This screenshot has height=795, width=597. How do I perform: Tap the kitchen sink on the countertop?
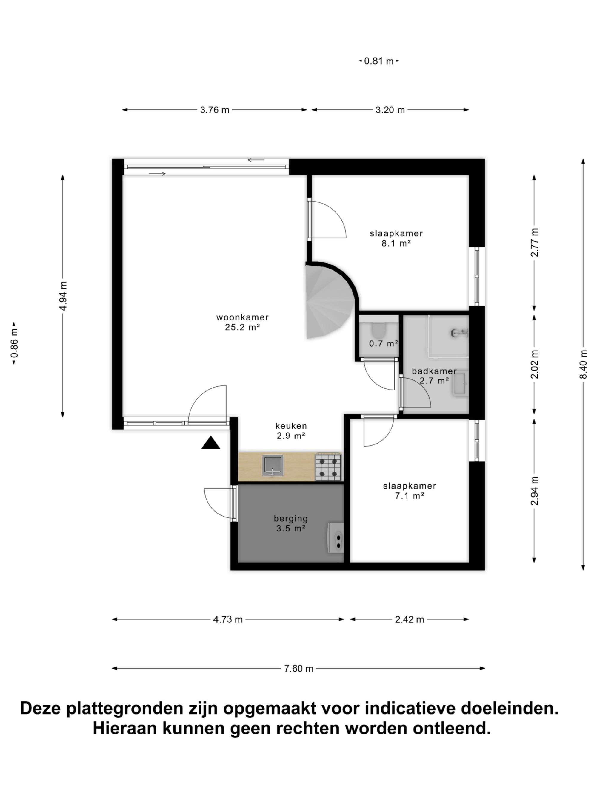point(273,465)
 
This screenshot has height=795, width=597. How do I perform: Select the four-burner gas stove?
point(328,467)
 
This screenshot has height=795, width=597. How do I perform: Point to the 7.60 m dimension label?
point(299,669)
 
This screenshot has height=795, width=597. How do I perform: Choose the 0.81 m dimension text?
point(378,61)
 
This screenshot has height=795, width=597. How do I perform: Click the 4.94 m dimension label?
point(63,296)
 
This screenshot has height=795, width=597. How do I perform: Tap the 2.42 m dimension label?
point(410,619)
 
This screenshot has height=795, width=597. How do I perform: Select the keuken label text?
point(291,426)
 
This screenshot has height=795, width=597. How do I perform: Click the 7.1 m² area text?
point(410,496)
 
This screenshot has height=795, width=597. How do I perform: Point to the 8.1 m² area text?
point(396,243)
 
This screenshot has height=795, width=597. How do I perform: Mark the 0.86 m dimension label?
point(14,343)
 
